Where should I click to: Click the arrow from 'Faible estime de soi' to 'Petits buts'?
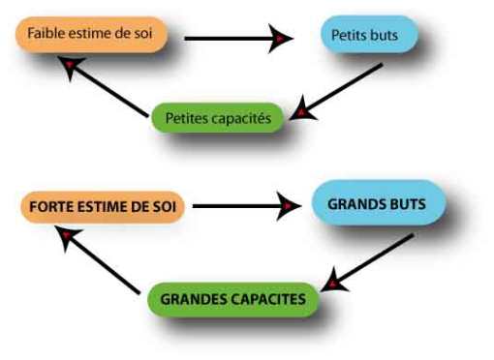point(232,39)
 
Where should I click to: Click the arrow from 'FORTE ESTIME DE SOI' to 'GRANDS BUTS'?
point(242,205)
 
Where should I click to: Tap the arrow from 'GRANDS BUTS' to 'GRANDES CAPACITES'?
point(373,259)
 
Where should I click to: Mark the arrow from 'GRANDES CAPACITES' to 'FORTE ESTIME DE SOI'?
point(97,259)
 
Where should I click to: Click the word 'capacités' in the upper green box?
point(242,117)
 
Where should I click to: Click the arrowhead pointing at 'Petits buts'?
point(281,39)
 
